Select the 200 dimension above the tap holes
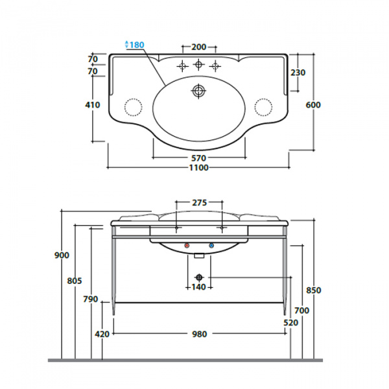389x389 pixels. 199,47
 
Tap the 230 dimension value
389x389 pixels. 298,73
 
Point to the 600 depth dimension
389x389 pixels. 313,104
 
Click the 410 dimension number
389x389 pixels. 93,104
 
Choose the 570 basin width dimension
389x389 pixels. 199,158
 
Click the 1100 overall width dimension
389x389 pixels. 199,168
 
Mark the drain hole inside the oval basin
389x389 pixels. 199,90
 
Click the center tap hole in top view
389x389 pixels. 198,64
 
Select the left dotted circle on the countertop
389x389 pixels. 133,107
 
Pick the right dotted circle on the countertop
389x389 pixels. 263,107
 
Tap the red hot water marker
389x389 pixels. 187,246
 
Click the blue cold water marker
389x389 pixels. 211,246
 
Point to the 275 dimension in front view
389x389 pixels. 200,203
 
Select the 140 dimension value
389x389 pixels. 199,287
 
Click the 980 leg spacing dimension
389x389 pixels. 200,334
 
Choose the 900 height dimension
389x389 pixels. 62,255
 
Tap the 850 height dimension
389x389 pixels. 314,290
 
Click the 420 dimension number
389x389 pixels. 102,334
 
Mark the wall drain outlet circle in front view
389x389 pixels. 199,277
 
